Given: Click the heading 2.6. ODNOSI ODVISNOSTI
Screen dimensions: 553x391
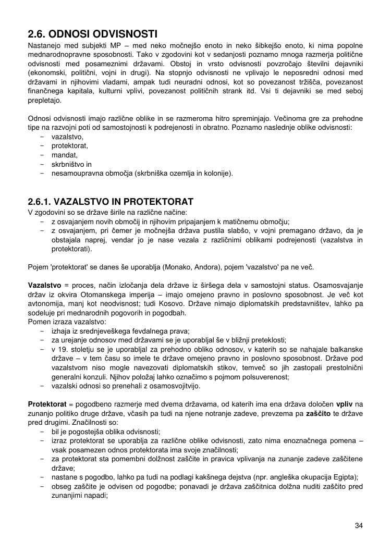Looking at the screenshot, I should pos(92,34).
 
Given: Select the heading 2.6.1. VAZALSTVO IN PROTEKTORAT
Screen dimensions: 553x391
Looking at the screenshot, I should pos(111,202).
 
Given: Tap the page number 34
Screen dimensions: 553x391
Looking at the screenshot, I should pos(359,525).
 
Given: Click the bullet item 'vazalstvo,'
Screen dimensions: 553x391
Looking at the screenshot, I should pos(67,136).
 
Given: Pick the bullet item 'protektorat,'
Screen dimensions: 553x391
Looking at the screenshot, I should pos(70,145).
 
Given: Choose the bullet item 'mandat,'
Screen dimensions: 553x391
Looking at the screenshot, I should pos(65,155).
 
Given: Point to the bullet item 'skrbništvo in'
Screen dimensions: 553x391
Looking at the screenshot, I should pos(71,164).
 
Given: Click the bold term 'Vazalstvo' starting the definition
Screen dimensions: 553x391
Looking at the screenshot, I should pos(44,285).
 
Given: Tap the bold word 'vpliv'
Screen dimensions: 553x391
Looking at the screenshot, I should pos(345,404).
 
